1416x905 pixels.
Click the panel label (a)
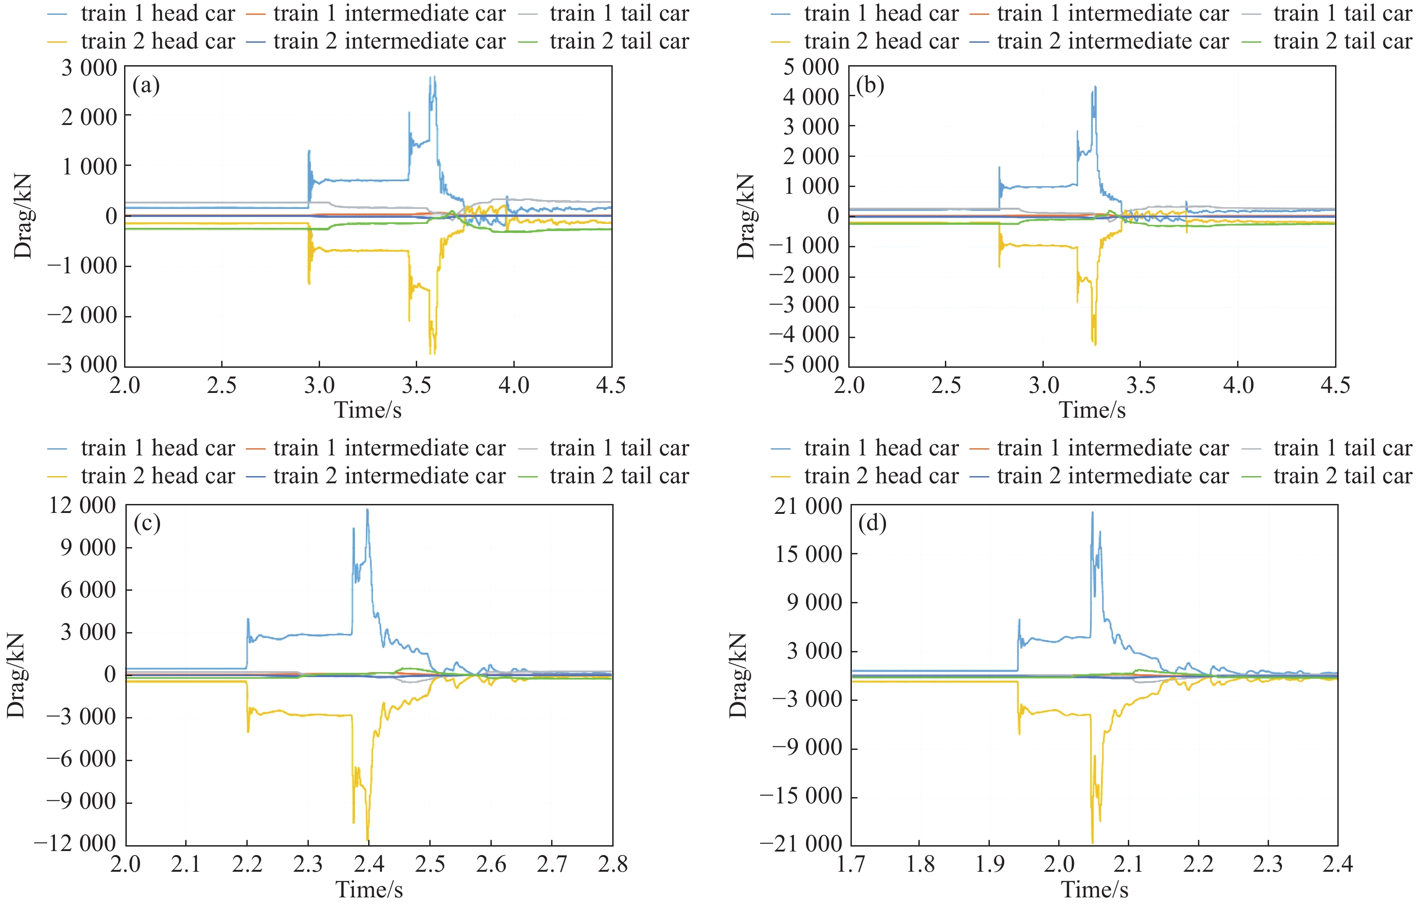[146, 86]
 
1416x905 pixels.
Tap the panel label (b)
[870, 86]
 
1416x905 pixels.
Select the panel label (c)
[147, 523]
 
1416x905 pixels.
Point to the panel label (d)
[872, 523]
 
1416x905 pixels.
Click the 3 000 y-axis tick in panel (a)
[89, 68]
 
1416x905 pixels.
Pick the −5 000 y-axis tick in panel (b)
[804, 365]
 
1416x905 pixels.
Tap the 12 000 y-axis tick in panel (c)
[82, 505]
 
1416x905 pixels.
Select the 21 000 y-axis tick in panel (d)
[808, 506]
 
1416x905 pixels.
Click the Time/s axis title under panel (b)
[1092, 410]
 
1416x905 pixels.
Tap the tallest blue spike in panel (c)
[368, 510]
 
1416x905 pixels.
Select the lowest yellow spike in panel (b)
[1095, 344]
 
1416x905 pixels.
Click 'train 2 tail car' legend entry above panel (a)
[619, 41]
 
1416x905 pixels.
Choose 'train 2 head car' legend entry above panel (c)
[158, 476]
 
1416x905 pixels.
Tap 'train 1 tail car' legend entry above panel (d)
[1342, 448]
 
